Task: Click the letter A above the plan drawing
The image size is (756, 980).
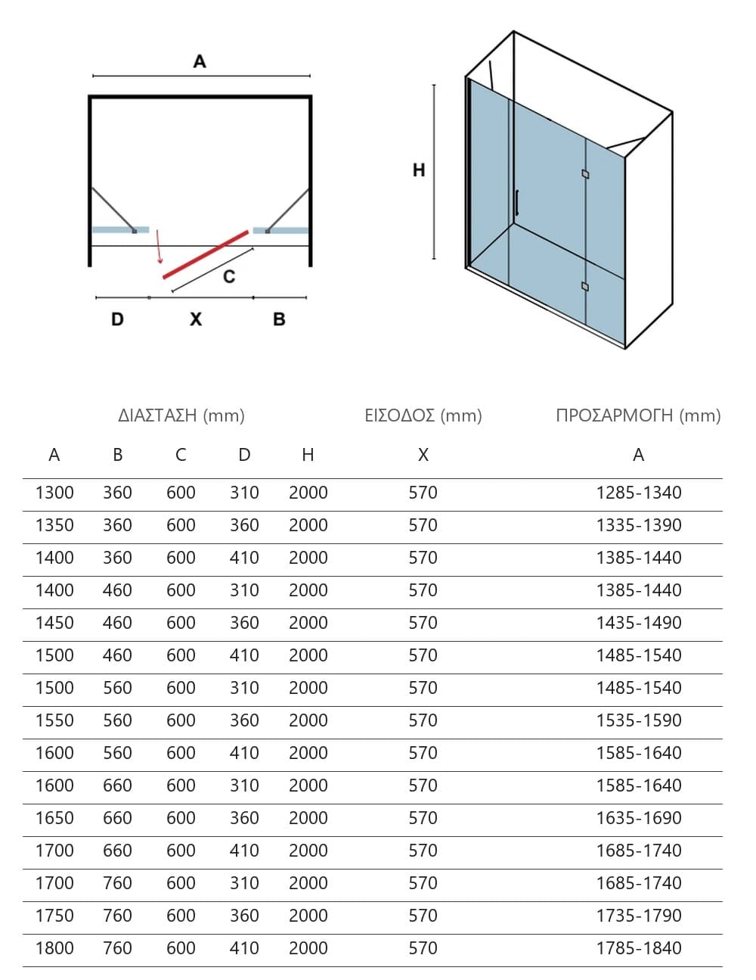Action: coord(200,61)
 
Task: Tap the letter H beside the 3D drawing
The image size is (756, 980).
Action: coord(419,170)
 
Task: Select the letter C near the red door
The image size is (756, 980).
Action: coord(229,276)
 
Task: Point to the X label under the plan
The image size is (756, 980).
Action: coord(196,319)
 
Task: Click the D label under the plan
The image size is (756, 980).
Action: coord(118,319)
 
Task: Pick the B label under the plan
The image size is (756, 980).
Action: coord(279,319)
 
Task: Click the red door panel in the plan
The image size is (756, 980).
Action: coord(206,255)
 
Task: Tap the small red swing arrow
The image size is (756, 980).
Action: coord(159,247)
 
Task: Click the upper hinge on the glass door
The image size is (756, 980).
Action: coord(585,174)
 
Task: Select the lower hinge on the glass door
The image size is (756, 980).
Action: coord(585,286)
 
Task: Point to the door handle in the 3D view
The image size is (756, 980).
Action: coord(517,203)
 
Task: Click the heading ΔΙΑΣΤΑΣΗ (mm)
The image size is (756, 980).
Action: coord(181,415)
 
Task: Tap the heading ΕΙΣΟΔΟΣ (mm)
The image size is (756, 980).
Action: coord(423,415)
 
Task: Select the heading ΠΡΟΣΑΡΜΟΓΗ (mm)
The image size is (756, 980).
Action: coord(638,415)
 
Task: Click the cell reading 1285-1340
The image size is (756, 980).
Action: coord(639,493)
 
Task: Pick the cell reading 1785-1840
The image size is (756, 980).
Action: coord(639,948)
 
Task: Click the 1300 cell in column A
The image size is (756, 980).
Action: coord(54,493)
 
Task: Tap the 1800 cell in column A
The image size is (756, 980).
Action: coord(54,948)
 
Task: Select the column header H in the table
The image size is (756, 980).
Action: coord(308,455)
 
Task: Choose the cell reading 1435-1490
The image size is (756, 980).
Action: coord(639,623)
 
